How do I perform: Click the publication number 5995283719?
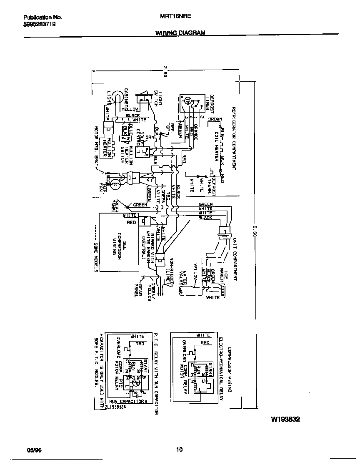[x=39, y=25]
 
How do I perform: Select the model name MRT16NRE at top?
[x=172, y=18]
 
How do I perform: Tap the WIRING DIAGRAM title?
[x=180, y=32]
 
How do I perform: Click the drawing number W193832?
[x=285, y=420]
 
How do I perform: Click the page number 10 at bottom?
[x=179, y=450]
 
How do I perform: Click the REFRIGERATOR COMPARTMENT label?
[x=234, y=138]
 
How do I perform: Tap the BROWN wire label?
[x=215, y=119]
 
